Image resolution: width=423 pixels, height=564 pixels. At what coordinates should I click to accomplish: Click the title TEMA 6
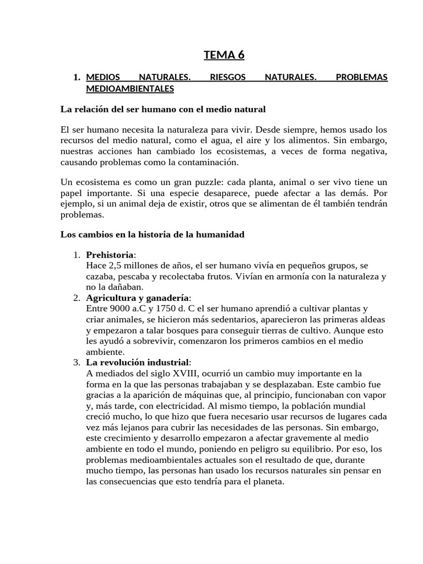(224, 55)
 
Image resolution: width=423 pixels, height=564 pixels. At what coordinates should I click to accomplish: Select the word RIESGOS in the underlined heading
(227, 78)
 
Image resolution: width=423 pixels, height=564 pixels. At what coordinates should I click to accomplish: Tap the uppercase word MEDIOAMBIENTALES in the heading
(129, 88)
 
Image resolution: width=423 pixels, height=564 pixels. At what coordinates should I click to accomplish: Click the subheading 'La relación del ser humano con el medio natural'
(162, 109)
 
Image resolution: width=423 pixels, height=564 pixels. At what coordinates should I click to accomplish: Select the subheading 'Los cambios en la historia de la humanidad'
(152, 235)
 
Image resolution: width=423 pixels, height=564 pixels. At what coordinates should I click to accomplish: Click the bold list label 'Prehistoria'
(110, 256)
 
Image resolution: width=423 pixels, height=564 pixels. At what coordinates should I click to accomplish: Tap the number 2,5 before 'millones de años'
(114, 266)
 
